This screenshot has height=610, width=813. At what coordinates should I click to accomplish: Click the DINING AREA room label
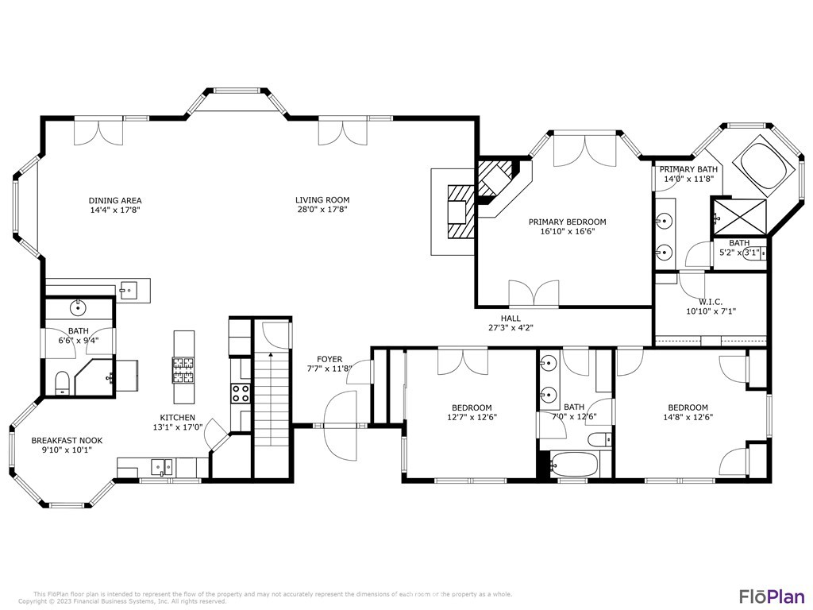click(115, 200)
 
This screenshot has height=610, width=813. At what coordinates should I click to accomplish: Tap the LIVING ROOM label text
click(322, 200)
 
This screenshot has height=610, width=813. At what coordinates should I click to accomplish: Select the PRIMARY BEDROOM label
click(567, 222)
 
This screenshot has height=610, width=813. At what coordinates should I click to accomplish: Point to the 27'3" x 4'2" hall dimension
click(511, 327)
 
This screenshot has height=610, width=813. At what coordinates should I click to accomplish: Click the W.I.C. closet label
click(709, 301)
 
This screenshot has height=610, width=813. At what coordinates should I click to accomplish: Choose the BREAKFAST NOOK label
click(67, 441)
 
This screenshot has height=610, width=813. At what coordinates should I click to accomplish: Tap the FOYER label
click(329, 359)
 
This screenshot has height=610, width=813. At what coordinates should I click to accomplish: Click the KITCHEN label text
click(177, 417)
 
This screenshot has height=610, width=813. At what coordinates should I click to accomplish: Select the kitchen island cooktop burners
click(183, 369)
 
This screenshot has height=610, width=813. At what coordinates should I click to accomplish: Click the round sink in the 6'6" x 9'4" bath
click(78, 307)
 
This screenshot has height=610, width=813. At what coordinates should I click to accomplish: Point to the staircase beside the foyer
click(272, 397)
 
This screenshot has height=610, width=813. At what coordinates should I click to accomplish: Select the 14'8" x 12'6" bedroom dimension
click(688, 417)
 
